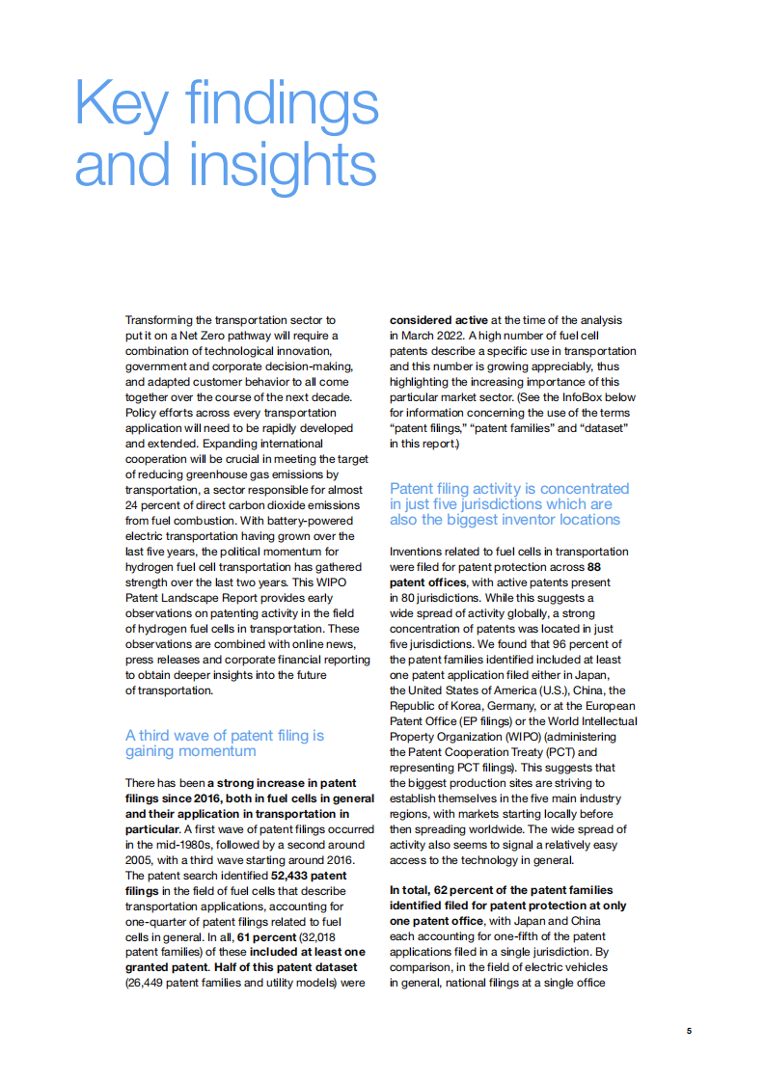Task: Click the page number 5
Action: point(689,1031)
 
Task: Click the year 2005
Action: point(143,859)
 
